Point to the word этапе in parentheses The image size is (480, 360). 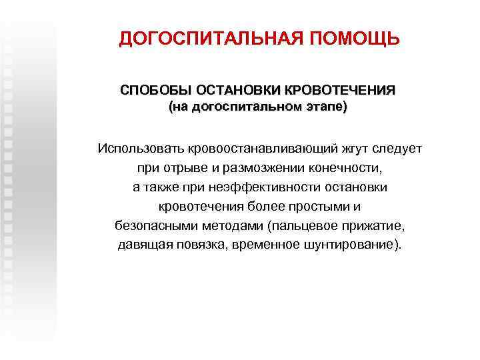click(x=326, y=107)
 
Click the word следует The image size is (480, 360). click(x=396, y=147)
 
